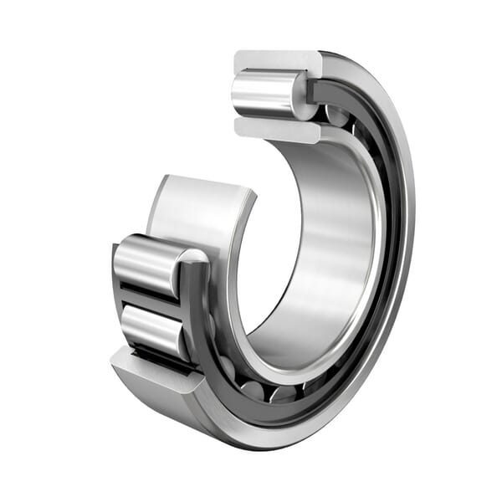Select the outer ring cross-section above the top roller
tap(276, 60)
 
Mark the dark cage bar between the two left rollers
tap(151, 297)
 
